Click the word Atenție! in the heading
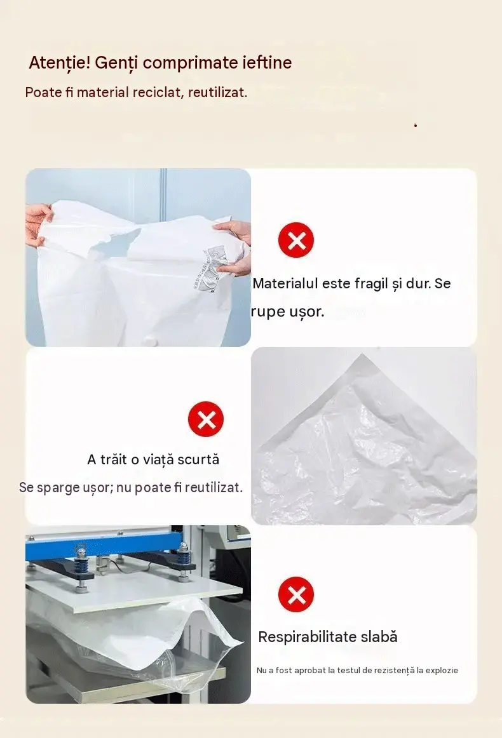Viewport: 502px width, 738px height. pyautogui.click(x=59, y=63)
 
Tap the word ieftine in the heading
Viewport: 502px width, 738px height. pyautogui.click(x=267, y=62)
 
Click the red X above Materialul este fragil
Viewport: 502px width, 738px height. pyautogui.click(x=296, y=240)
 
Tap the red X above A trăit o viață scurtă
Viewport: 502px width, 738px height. pyautogui.click(x=206, y=419)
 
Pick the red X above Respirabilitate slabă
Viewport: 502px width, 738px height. pyautogui.click(x=296, y=594)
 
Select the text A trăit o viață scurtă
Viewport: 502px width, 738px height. pyautogui.click(x=154, y=460)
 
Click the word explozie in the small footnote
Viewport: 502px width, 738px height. pyautogui.click(x=442, y=670)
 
